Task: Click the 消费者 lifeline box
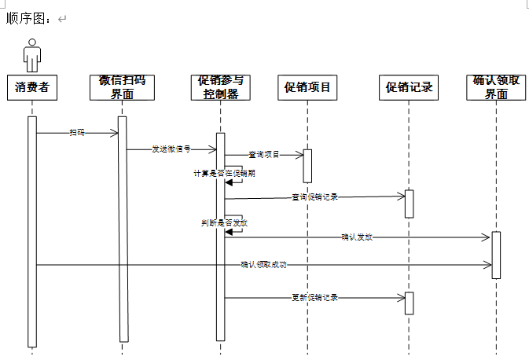click(32, 87)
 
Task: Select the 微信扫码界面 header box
click(122, 87)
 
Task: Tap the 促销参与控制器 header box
click(221, 87)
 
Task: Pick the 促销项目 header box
click(307, 87)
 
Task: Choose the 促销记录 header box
click(409, 87)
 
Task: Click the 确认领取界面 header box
click(496, 87)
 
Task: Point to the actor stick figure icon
click(32, 55)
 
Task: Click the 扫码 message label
click(77, 133)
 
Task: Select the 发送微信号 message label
click(171, 149)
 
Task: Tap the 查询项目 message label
click(264, 154)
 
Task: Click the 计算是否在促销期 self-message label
click(224, 173)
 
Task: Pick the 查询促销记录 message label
click(314, 197)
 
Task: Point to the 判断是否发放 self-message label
click(224, 222)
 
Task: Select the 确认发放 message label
click(356, 236)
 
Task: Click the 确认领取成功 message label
click(263, 265)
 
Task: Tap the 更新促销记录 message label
click(314, 297)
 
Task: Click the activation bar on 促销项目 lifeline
click(307, 166)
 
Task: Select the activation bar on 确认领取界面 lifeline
click(496, 255)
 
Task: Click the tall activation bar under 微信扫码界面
click(123, 228)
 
